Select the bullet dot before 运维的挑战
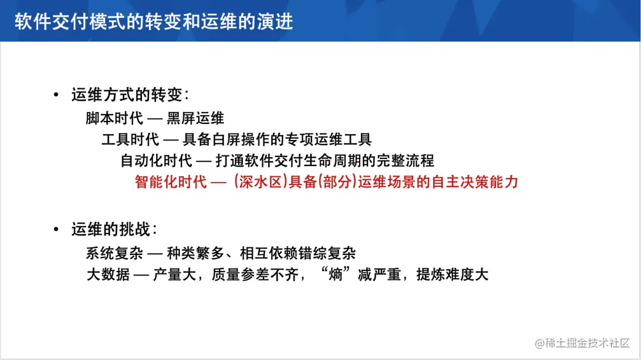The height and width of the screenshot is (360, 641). tap(56, 230)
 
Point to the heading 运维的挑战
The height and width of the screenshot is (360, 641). tap(114, 230)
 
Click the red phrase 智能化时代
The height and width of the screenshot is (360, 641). tap(171, 181)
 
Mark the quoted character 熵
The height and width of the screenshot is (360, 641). tap(336, 274)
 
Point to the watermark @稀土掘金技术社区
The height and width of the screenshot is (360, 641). tap(582, 343)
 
